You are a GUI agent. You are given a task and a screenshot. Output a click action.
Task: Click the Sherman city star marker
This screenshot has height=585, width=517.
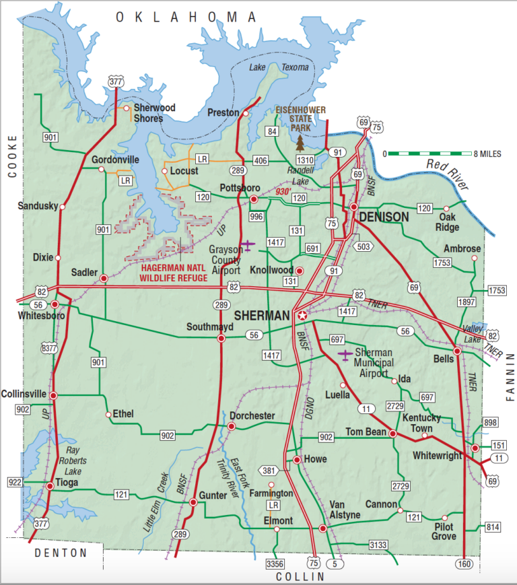tap(302, 315)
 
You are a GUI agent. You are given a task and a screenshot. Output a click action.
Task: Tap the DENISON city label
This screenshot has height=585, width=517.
tap(384, 217)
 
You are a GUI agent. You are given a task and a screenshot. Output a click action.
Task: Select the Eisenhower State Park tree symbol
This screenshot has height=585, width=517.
tap(300, 142)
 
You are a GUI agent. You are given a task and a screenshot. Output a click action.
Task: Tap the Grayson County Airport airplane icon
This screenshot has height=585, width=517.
tap(249, 244)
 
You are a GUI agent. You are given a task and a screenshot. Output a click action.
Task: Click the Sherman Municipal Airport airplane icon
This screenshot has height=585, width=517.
tap(345, 354)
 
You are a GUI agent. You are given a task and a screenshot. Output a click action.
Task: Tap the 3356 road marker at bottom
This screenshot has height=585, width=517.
tap(276, 563)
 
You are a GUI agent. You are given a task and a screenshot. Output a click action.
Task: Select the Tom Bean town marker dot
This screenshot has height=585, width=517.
tap(393, 433)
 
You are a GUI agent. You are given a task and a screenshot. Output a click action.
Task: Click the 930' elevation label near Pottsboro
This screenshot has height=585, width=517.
tap(281, 193)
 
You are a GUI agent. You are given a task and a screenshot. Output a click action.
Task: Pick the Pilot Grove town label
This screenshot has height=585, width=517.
tap(445, 531)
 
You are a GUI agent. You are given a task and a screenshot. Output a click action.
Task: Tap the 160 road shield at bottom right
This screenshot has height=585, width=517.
tap(464, 563)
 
